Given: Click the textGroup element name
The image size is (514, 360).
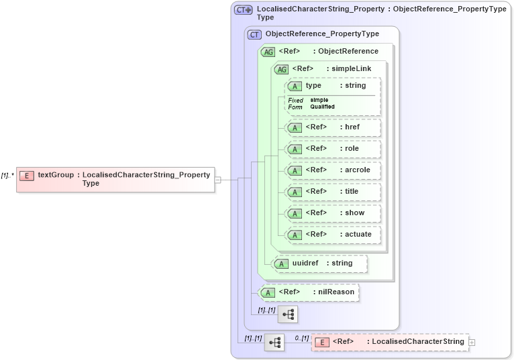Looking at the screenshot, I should pos(56,176).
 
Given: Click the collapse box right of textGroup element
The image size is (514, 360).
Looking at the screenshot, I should pos(217,180).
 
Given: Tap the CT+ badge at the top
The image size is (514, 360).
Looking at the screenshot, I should pos(243,9).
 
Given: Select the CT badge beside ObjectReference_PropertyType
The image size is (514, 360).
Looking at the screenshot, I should pos(254,34).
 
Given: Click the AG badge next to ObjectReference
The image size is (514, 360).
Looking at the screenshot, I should pos(268,52).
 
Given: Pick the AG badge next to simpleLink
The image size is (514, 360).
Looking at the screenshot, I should pos(281,69).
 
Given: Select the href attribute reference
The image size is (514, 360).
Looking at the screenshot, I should pos(333,127).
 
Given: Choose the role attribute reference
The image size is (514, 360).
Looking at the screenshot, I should pos(332,149).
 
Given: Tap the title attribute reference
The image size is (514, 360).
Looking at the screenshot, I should pos(333,192).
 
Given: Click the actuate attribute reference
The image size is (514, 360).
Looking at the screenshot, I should pos(338,235).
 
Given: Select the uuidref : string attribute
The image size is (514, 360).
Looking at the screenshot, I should pos(322,263).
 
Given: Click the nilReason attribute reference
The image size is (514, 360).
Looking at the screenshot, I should pos(309,292).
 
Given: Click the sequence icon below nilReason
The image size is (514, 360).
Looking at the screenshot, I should pos(288,314).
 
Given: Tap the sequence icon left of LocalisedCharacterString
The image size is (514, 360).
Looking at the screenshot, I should pos(274,342).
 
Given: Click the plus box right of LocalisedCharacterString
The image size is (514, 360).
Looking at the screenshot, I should pos(472,342).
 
